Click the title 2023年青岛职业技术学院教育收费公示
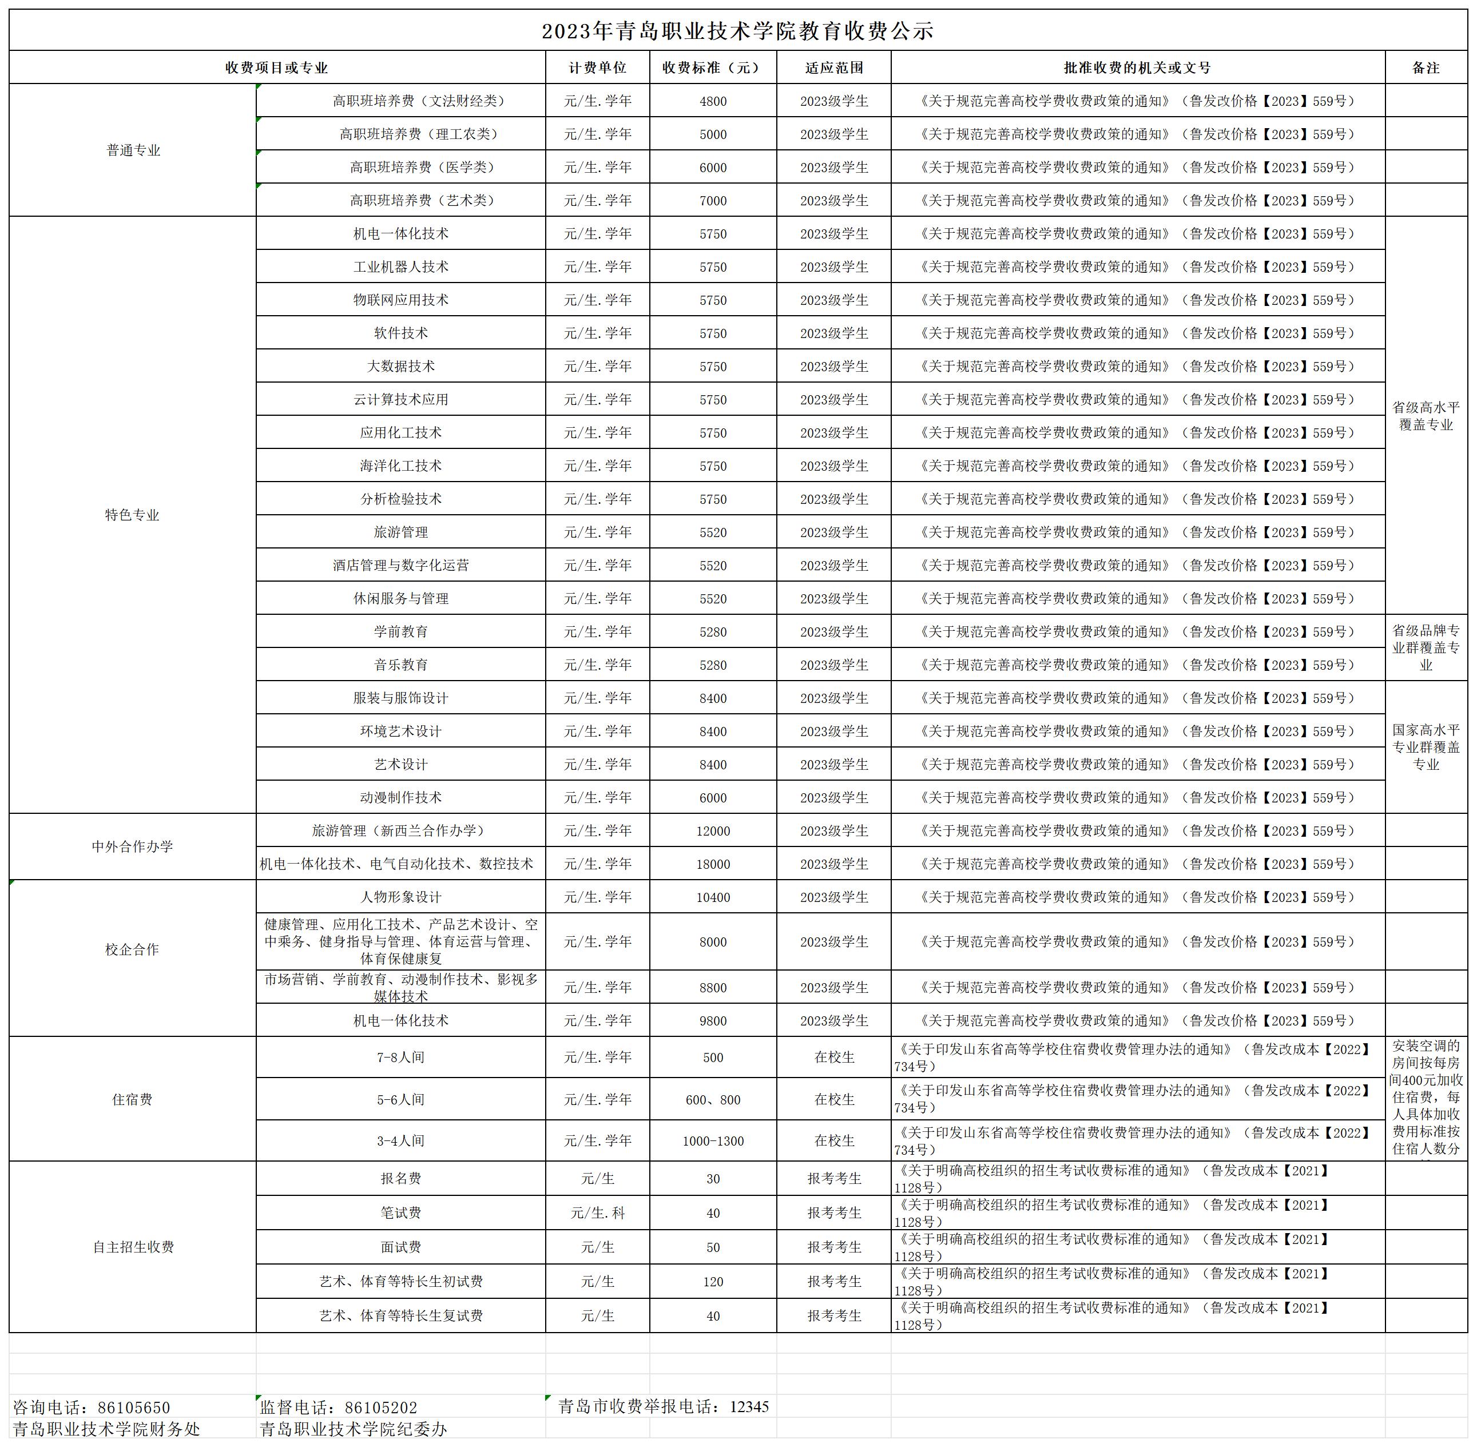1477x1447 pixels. (737, 31)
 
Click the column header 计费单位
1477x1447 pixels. (597, 67)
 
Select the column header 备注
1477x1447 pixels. (1426, 67)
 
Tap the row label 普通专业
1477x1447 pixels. (133, 150)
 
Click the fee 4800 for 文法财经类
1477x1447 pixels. (713, 101)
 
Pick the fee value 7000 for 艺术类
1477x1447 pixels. (713, 201)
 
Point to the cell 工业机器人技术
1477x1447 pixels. (400, 267)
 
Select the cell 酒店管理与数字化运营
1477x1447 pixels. (400, 566)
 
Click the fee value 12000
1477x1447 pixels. (713, 830)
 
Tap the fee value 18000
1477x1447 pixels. (713, 864)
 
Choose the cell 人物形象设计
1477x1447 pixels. (400, 897)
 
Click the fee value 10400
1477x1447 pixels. (713, 897)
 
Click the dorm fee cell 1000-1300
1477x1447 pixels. (713, 1141)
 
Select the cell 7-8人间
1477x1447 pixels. (400, 1057)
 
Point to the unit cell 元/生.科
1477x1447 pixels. (597, 1213)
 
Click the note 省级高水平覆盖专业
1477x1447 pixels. (1426, 416)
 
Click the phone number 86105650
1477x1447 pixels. (134, 1408)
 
